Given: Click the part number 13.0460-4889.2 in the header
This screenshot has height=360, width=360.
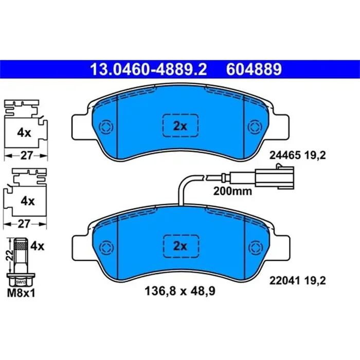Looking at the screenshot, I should (x=148, y=69).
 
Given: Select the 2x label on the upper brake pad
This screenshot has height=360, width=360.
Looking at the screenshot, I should (x=180, y=126).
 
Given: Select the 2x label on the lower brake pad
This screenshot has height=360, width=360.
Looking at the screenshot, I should (x=180, y=246).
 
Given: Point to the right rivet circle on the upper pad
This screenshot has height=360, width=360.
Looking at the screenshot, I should (x=253, y=126).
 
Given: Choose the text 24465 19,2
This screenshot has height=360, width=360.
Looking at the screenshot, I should (x=298, y=154).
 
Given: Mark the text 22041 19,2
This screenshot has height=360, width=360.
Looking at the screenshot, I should (x=298, y=281).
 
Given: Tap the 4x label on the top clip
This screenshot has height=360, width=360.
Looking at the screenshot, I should (x=24, y=133).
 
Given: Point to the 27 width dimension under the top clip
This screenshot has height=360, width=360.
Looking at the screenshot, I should (x=25, y=154).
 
